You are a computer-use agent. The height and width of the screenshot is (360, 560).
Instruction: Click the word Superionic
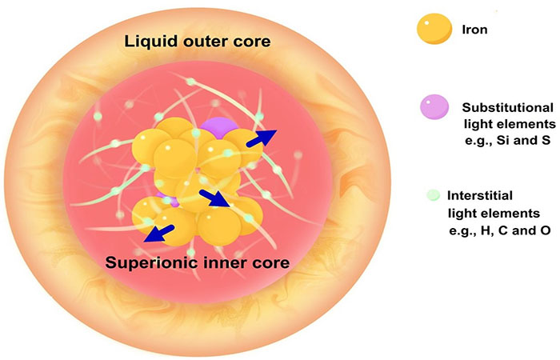point(149,261)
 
